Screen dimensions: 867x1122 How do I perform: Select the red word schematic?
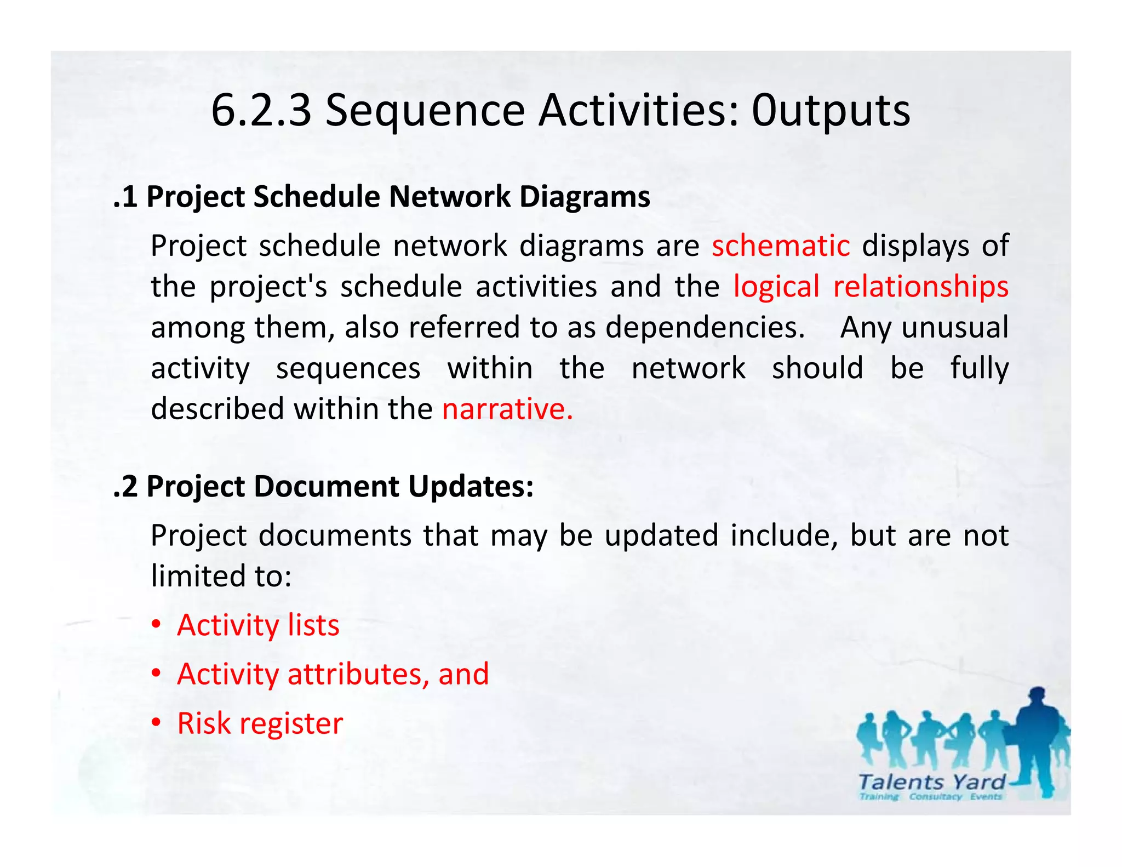click(781, 246)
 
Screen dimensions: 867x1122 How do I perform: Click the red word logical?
click(776, 287)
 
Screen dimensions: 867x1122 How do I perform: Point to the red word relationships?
click(920, 287)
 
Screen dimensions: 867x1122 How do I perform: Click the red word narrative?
click(507, 409)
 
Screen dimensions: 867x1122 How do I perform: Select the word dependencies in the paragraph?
click(705, 328)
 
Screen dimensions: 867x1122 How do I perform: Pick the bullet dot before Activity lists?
click(157, 625)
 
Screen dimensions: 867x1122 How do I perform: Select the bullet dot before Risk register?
click(157, 723)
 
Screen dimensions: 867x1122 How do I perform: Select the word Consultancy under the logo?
click(935, 797)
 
